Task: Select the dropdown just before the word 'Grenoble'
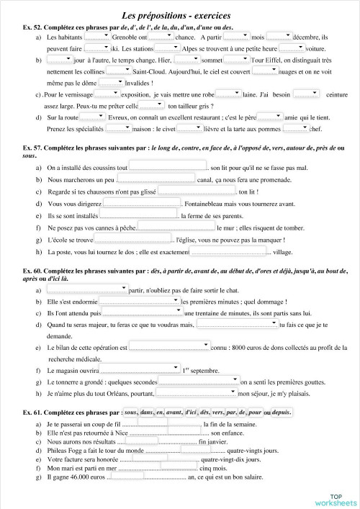[97, 37]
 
